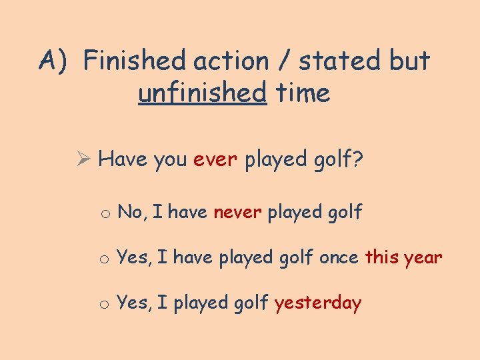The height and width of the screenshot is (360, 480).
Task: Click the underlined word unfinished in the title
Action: pos(202,93)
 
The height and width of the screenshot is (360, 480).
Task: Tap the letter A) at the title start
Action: pos(54,61)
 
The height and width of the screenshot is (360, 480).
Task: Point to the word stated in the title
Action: pos(340,61)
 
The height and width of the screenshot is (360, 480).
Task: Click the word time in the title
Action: pos(303,93)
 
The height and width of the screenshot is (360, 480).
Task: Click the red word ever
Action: pos(215,160)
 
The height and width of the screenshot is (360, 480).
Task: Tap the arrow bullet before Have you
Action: pos(83,160)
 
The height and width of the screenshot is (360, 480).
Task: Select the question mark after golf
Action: pos(358,160)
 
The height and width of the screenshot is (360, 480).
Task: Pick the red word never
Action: pos(237,213)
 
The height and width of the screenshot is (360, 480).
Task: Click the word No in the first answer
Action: pos(130,213)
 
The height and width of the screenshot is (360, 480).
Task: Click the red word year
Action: pos(423,257)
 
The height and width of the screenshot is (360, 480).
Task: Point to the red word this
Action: pos(381,257)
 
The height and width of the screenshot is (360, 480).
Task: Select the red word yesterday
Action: pos(317,303)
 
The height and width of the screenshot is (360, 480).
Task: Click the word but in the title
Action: pos(409,61)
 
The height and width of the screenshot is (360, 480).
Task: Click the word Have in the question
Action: pos(123,160)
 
